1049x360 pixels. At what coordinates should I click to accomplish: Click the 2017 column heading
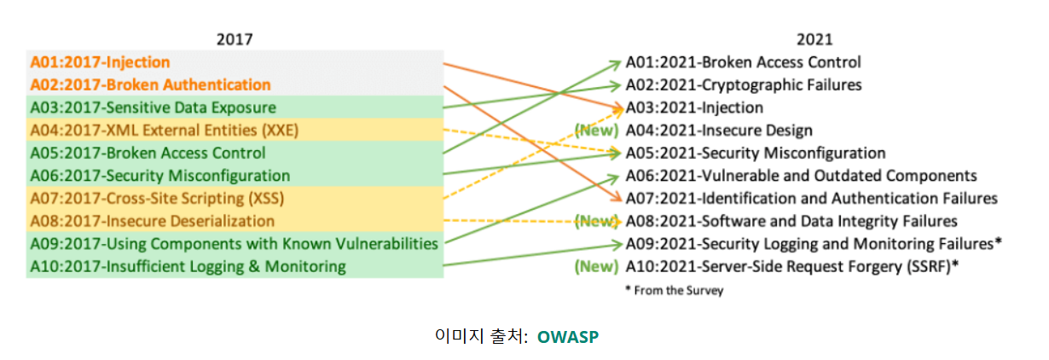coord(235,39)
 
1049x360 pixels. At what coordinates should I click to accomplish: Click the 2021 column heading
coord(814,39)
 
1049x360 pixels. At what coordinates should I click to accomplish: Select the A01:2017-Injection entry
coord(101,62)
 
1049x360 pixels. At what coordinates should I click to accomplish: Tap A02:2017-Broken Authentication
coord(151,84)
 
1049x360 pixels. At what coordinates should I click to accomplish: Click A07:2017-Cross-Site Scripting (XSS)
coord(157,199)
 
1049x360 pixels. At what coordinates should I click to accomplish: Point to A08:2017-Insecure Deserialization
coord(147,221)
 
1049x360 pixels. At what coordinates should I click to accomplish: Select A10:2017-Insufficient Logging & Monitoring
coord(188,266)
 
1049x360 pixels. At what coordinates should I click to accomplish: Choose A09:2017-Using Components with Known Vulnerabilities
coord(235,244)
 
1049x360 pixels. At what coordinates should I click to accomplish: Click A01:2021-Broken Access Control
coord(743,62)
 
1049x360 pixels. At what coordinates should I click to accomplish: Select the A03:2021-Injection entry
coord(694,107)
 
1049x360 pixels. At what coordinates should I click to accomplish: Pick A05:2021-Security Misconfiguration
coord(756,154)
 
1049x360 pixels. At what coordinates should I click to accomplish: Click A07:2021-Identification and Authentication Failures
coord(811,199)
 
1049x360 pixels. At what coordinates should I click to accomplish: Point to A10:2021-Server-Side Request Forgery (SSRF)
coord(792,266)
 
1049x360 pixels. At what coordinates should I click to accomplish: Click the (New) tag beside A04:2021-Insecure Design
coord(596,131)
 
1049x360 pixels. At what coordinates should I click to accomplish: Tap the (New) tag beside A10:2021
coord(596,266)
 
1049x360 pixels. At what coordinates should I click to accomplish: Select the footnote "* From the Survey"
coord(674,290)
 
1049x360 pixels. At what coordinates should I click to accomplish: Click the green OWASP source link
coord(568,336)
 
